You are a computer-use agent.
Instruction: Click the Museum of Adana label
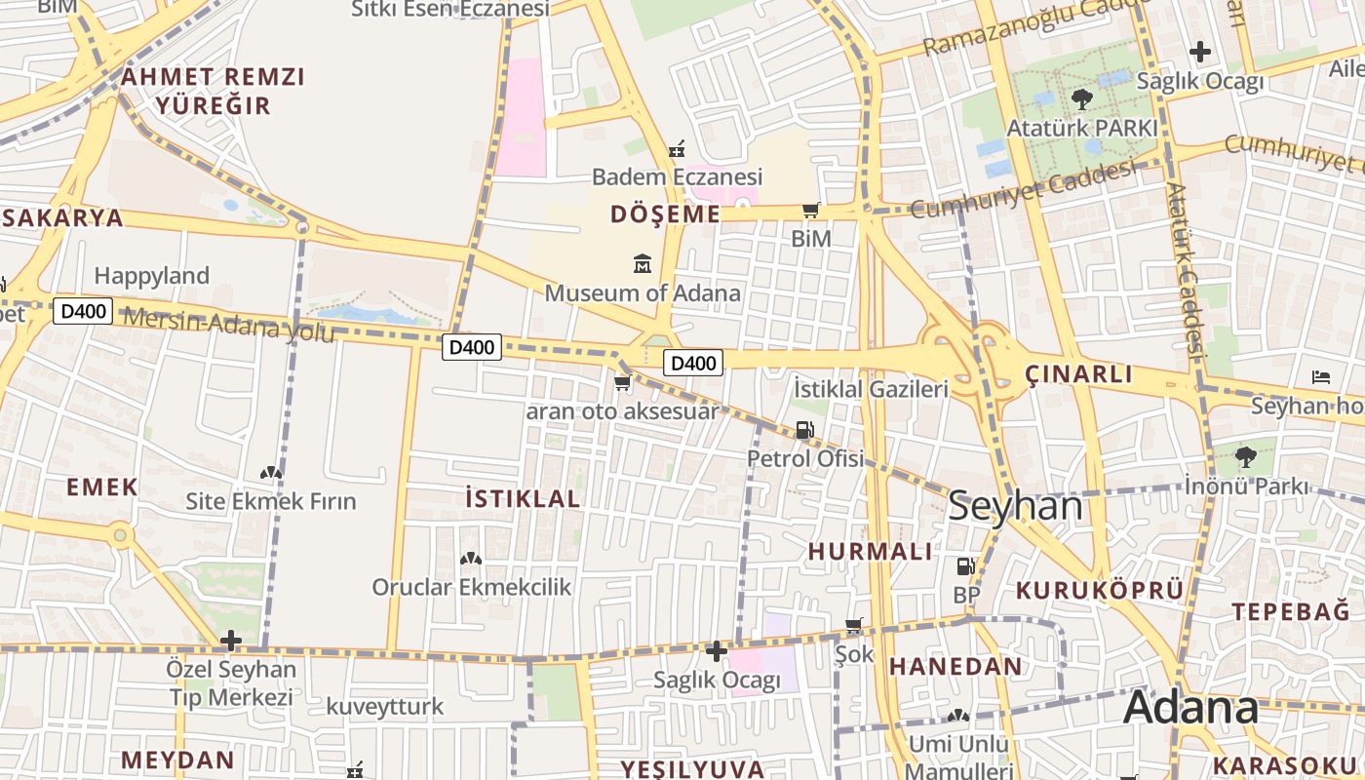643,292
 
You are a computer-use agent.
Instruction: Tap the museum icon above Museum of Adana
643,263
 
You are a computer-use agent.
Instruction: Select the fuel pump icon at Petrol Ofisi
804,429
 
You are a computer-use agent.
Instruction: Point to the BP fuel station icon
965,565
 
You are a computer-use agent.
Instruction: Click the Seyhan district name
1015,507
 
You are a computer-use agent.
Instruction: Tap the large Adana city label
1190,709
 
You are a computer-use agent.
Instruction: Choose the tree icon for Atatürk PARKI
1081,98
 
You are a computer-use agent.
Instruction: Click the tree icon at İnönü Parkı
1245,455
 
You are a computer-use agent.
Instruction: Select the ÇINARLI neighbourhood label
1078,374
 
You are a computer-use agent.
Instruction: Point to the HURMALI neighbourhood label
871,551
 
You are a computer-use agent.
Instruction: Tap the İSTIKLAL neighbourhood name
523,498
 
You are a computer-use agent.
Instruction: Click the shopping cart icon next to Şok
854,625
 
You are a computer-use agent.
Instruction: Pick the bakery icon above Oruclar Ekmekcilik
471,559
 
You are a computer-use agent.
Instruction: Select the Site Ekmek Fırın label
271,502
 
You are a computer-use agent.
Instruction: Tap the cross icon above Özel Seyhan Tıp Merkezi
231,641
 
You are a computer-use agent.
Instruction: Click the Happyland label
152,276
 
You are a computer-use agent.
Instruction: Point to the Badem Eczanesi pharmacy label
677,177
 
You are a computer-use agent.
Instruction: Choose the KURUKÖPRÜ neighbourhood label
1100,590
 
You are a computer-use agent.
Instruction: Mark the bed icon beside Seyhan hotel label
1321,376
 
